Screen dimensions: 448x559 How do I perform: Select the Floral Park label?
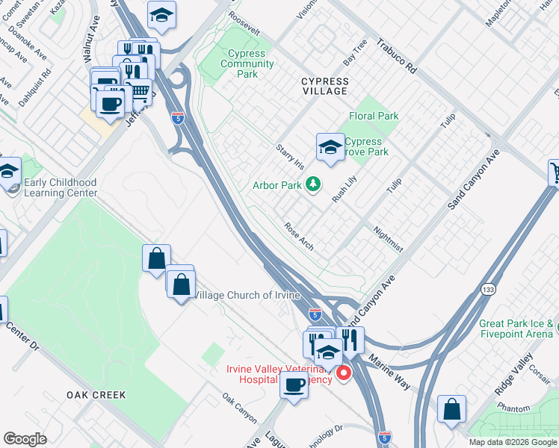coord(374,116)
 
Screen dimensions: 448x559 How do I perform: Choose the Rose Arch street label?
coord(298,234)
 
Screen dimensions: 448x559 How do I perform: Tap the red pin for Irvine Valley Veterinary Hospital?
coord(344,372)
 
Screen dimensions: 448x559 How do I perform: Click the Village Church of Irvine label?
coord(247,295)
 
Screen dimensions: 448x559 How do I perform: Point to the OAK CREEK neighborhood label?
coord(96,394)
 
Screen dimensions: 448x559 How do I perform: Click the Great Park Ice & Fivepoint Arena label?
coord(516,329)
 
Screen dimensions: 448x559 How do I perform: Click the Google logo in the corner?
coord(25,439)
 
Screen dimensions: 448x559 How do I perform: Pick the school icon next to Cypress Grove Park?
coord(330,146)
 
